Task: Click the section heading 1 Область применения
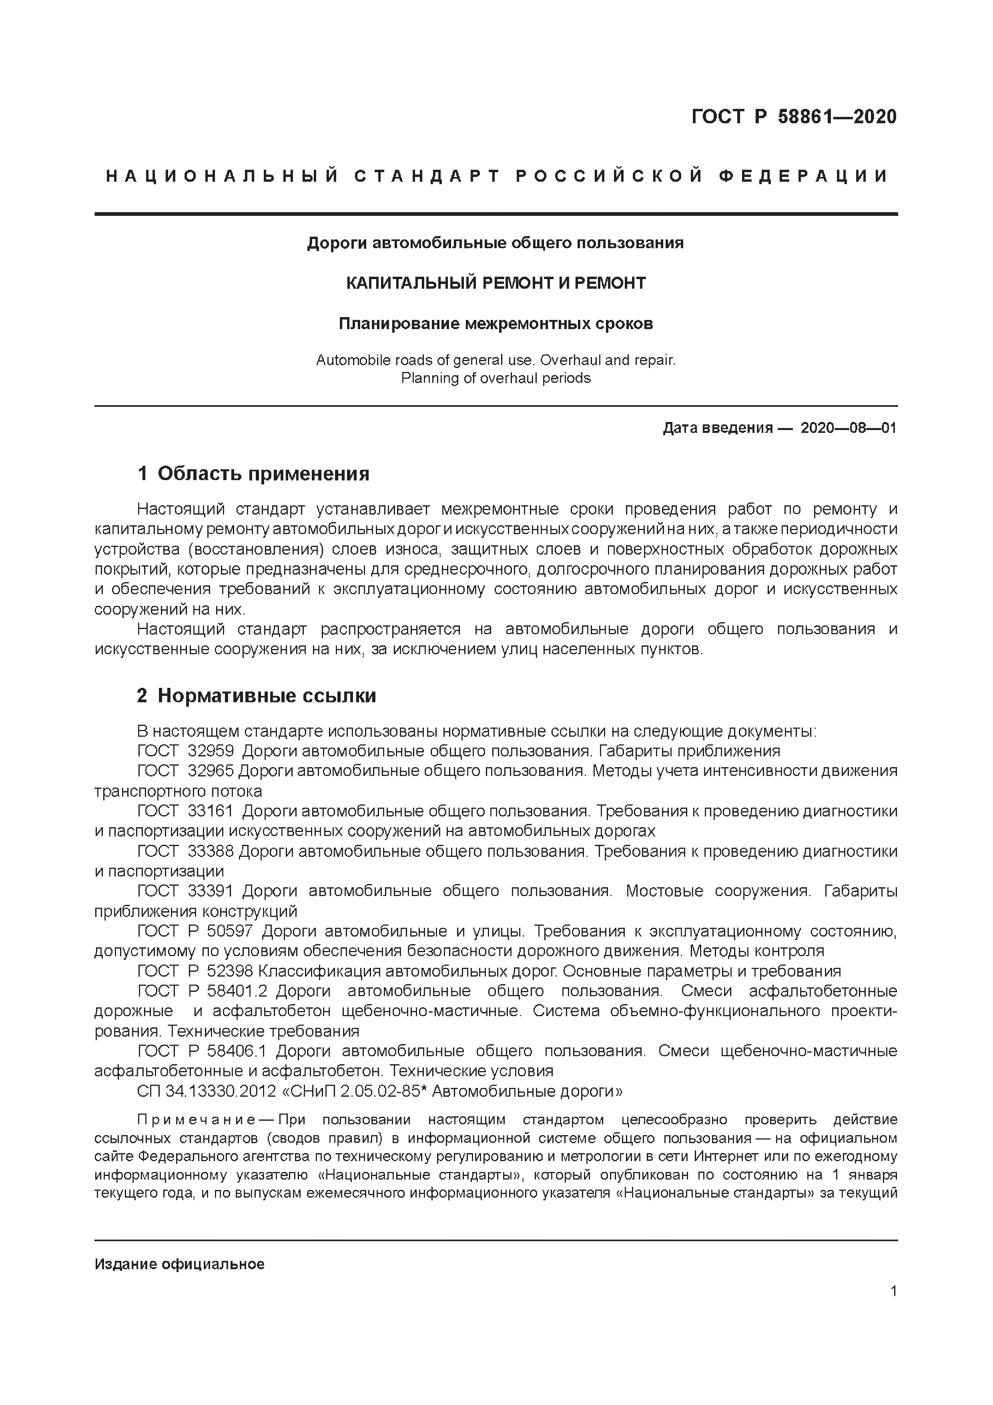(253, 474)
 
